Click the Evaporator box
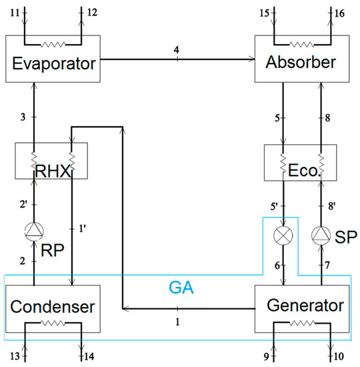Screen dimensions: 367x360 coord(52,65)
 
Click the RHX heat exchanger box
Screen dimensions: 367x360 coord(52,165)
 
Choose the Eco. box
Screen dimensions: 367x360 coord(303,165)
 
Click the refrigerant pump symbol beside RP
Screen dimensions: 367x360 coord(33,232)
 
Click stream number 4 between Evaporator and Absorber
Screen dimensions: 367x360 coord(177,49)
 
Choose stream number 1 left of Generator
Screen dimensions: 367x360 coord(177,321)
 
